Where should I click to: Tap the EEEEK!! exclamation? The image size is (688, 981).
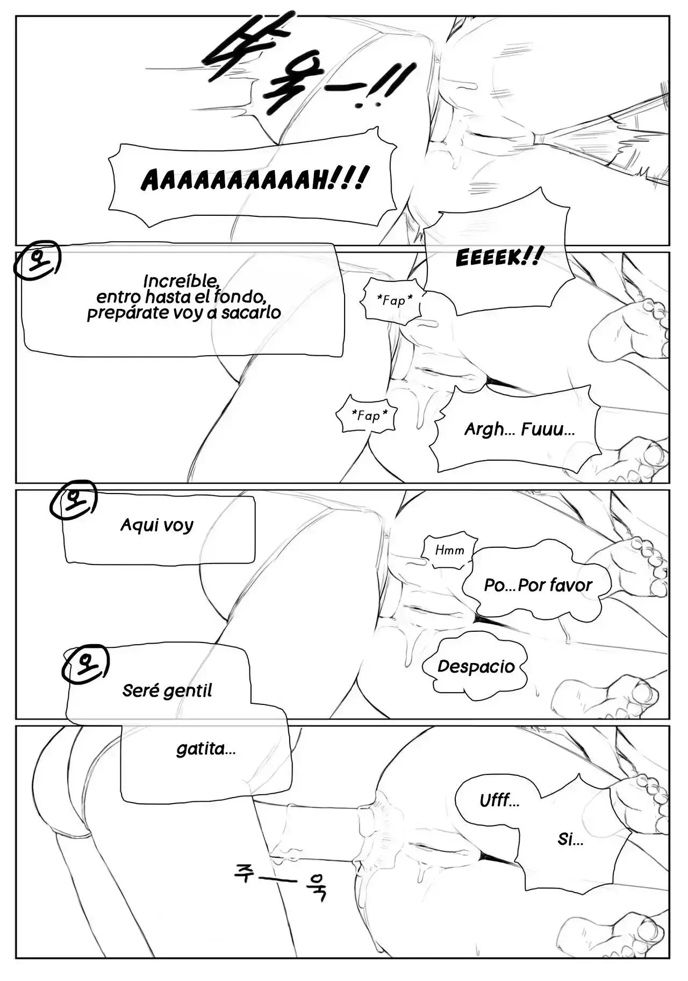point(496,257)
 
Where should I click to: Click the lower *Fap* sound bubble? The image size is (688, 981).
point(368,415)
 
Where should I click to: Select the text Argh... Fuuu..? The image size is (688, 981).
point(519,429)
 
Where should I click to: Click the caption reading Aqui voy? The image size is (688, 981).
point(157,525)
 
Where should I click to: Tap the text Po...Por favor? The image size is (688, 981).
point(537,585)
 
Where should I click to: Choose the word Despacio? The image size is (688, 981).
point(476,666)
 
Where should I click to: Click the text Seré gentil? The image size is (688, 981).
point(167,690)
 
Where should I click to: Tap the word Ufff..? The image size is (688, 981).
point(499,801)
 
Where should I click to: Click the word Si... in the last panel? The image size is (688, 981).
point(570,839)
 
